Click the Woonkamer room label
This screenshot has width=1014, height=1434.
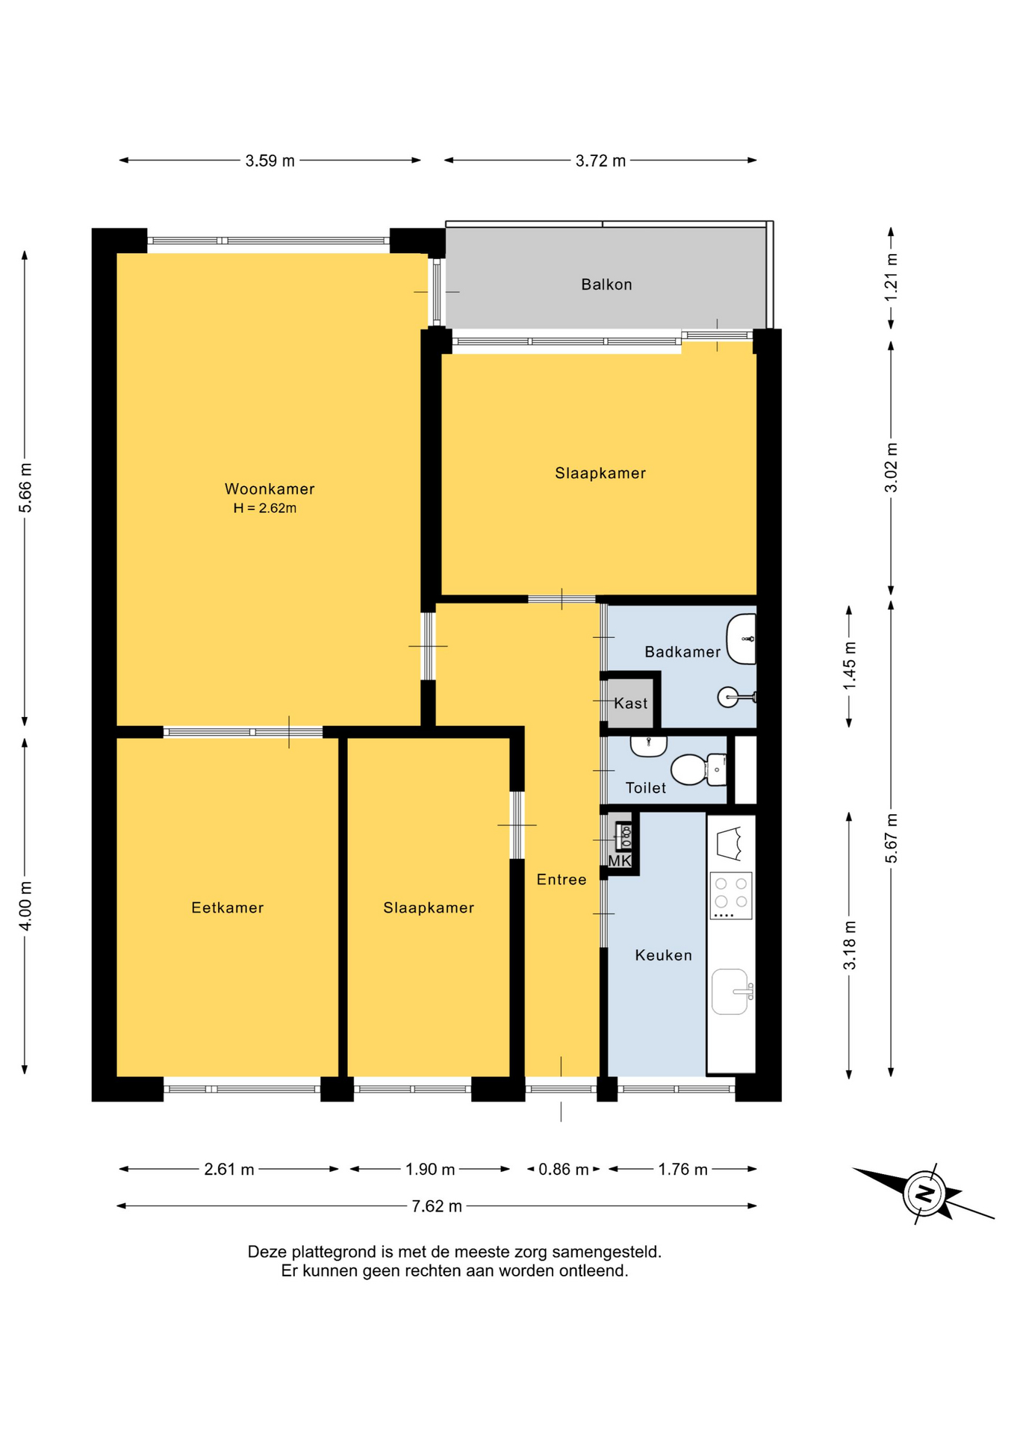[x=270, y=489]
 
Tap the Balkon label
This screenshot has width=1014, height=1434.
[x=606, y=285]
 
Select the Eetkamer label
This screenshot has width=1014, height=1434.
[x=228, y=908]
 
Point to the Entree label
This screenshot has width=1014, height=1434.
[x=562, y=880]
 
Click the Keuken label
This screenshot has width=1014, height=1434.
[x=664, y=955]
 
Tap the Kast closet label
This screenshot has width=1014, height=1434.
[x=631, y=704]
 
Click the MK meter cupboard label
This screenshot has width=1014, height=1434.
[x=620, y=861]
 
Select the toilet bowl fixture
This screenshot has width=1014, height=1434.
[x=698, y=769]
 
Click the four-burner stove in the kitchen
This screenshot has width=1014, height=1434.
[x=731, y=896]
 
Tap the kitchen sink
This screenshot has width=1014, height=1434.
[x=730, y=992]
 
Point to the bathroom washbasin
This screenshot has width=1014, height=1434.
[x=741, y=639]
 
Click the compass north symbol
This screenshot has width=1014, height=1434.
[x=924, y=1193]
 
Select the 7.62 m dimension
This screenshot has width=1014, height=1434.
[x=437, y=1206]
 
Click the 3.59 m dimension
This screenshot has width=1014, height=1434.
[x=270, y=161]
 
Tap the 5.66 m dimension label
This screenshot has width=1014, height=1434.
[x=25, y=488]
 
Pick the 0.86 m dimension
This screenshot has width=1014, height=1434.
[x=564, y=1170]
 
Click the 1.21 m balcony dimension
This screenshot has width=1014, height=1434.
[x=892, y=278]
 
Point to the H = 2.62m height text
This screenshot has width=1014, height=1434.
[x=265, y=509]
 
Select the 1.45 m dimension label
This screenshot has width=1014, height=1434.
[x=850, y=666]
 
